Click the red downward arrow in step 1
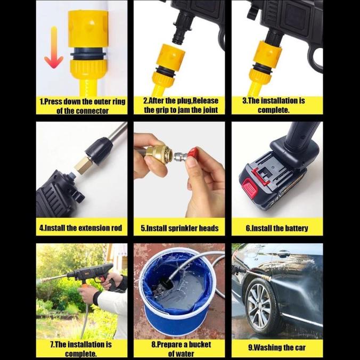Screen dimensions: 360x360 click(x=54, y=48)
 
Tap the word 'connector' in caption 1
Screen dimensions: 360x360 click(x=92, y=111)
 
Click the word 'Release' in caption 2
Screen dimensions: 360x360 click(x=206, y=101)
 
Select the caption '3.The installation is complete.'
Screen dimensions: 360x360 click(x=274, y=105)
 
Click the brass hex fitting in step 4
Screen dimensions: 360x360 click(x=83, y=165)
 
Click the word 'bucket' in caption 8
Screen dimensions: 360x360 click(x=200, y=345)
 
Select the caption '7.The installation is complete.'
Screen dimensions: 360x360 click(x=81, y=349)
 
